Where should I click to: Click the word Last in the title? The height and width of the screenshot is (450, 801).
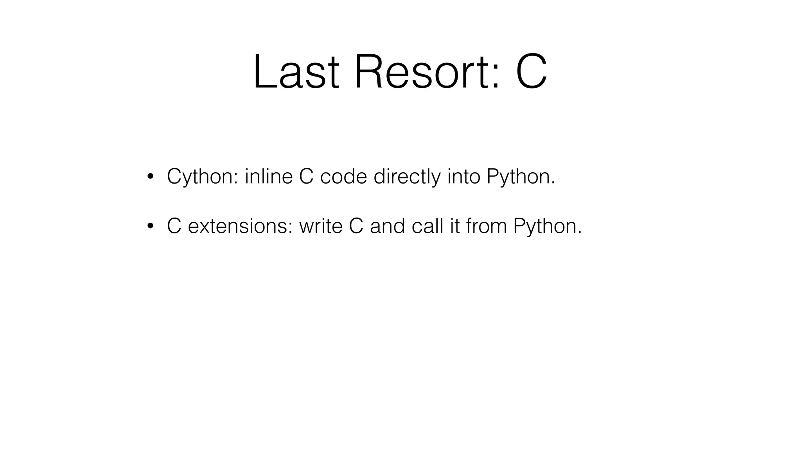(x=296, y=72)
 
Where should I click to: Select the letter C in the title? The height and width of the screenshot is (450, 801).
(x=531, y=72)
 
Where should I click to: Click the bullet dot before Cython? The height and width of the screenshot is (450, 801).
(x=150, y=177)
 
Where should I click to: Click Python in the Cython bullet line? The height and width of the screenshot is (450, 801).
(x=521, y=177)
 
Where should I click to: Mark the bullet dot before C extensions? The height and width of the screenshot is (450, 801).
(x=150, y=226)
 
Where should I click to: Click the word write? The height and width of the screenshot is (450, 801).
(x=321, y=226)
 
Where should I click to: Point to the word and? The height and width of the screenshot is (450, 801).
(x=387, y=226)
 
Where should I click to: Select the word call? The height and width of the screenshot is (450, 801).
(x=427, y=226)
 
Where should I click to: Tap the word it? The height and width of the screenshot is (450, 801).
(x=454, y=226)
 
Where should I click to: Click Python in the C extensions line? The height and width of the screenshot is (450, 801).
(x=547, y=226)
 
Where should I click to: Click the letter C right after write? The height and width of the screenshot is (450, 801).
(x=356, y=226)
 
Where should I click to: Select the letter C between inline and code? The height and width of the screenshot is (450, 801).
(x=306, y=177)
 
